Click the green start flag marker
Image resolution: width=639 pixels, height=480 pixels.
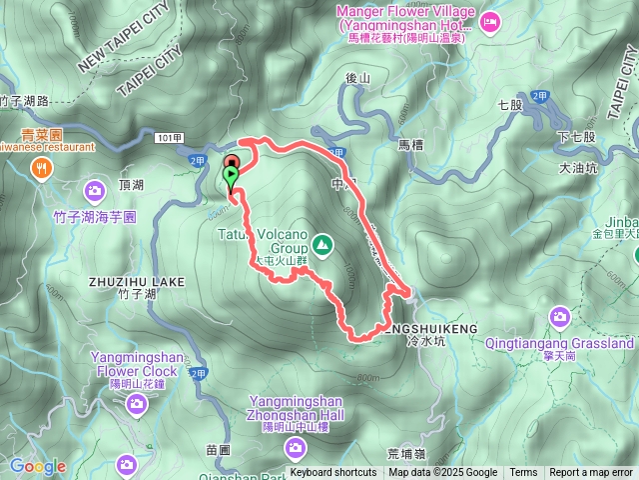coord(232,177)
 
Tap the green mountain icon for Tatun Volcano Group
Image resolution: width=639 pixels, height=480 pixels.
coord(321,243)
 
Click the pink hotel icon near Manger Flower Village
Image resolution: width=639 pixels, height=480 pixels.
coord(490,21)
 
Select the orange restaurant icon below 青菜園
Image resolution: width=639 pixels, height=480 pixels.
coord(41,169)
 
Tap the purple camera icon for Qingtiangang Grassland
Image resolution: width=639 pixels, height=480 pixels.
coord(560,318)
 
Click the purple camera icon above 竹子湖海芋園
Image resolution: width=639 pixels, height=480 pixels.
coord(95,189)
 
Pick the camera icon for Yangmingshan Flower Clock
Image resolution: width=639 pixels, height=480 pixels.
coord(137,403)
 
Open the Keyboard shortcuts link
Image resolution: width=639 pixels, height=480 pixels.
coord(333,473)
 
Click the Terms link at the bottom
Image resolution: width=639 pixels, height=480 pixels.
coord(523,473)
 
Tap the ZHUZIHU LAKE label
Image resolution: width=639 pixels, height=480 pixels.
coord(137,282)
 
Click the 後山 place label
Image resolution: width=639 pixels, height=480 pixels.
coord(357,78)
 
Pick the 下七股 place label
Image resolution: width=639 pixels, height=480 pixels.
coord(576,137)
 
